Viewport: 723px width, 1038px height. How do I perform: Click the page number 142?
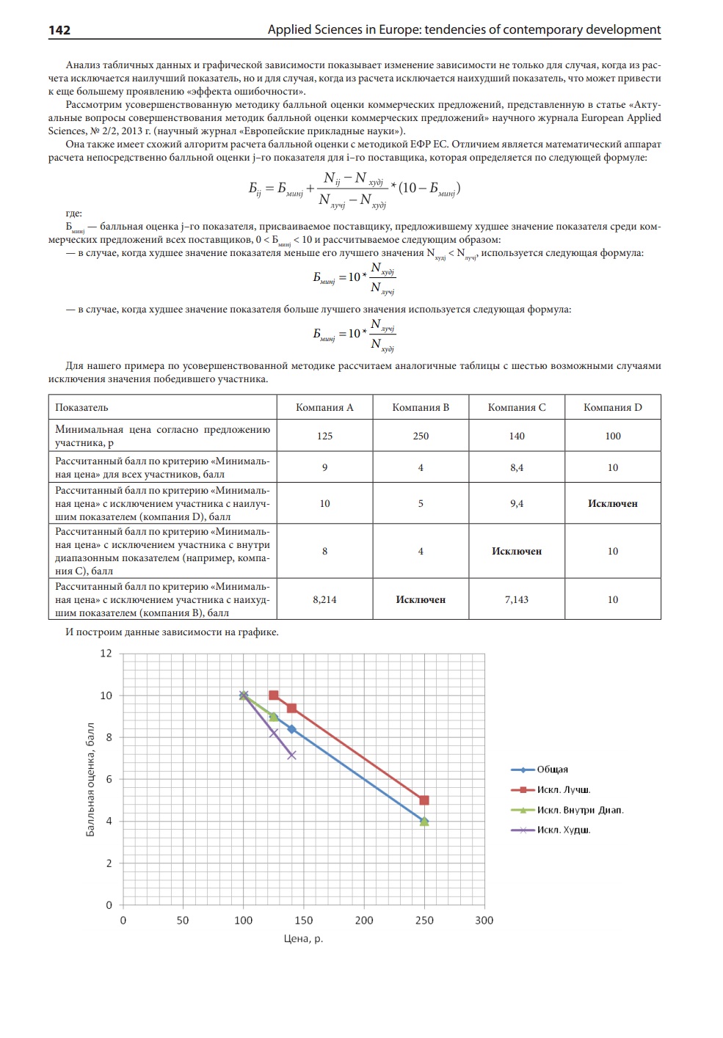(59, 30)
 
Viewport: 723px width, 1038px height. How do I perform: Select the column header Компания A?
(324, 407)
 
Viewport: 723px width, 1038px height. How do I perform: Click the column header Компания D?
(612, 407)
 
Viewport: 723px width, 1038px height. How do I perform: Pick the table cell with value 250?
(421, 436)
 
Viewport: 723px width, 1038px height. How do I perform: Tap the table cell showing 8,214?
(324, 599)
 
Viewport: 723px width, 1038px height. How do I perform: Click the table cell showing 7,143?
(517, 599)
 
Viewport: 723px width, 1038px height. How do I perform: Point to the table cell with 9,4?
(517, 503)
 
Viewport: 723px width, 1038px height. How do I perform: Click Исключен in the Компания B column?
(421, 599)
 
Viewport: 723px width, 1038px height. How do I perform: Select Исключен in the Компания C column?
(517, 551)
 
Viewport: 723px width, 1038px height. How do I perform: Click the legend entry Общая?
(552, 770)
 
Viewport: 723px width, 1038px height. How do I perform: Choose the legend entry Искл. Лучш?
(563, 790)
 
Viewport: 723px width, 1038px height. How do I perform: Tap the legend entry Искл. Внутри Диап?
(580, 810)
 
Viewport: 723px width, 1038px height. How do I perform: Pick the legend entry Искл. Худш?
(563, 830)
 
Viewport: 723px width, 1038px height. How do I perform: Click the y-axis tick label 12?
(106, 653)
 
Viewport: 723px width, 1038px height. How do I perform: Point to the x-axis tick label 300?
(484, 921)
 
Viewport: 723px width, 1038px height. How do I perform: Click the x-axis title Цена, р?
(303, 939)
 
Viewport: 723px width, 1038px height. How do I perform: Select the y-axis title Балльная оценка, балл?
(90, 779)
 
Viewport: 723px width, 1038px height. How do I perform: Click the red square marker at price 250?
(424, 800)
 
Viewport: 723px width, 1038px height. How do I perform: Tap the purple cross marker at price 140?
(291, 755)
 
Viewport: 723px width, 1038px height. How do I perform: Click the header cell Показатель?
(81, 407)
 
